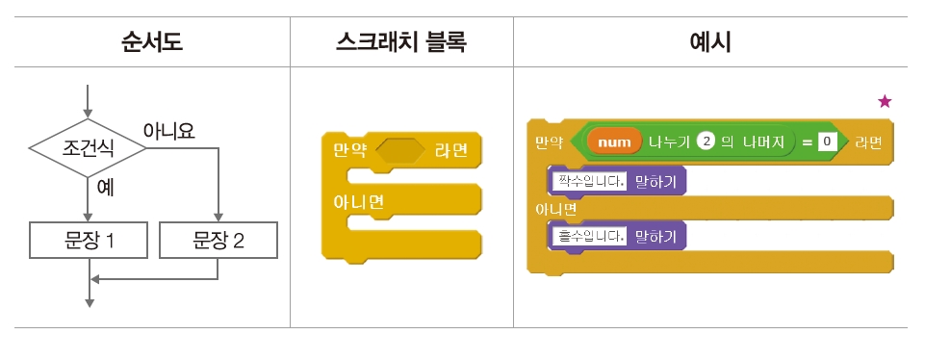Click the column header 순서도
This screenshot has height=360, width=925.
151,42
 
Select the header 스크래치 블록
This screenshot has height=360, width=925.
400,42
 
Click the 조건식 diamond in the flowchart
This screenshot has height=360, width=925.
88,149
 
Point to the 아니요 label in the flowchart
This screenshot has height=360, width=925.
168,130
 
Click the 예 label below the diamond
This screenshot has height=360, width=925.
105,187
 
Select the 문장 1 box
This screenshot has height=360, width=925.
89,241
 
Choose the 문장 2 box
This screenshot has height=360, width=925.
218,241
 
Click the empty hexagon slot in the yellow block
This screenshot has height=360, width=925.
398,151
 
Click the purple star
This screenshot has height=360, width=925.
885,101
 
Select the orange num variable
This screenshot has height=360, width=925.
615,142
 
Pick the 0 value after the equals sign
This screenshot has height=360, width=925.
825,142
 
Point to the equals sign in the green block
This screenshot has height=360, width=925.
807,142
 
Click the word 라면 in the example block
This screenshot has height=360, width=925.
870,142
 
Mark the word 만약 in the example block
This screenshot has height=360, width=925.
549,142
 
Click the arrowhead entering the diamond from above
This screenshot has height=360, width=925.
88,113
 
